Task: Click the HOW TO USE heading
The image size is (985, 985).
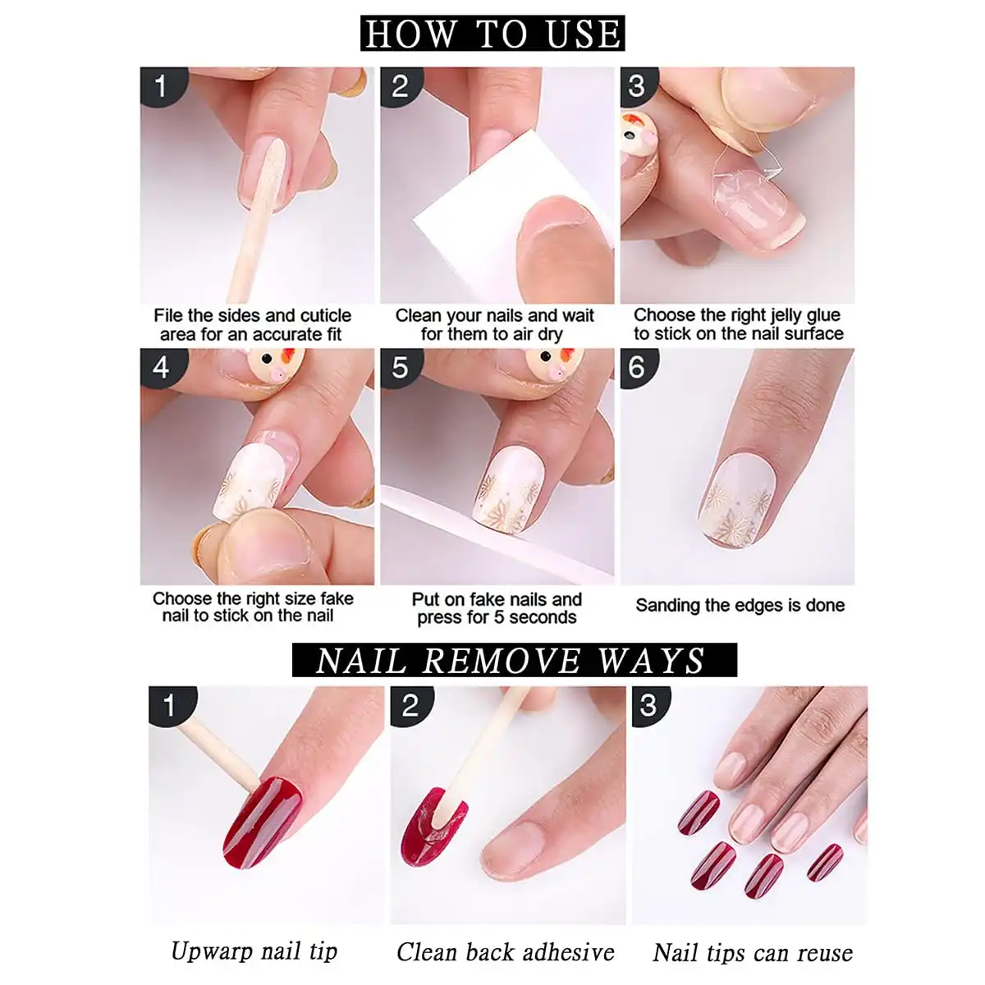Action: (492, 34)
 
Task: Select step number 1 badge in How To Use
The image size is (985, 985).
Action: (161, 86)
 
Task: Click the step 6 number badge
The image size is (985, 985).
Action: (637, 367)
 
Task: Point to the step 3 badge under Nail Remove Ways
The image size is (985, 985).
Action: (648, 705)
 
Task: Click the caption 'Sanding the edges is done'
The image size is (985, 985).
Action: (740, 606)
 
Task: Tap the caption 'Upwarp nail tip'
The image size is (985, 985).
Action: (254, 951)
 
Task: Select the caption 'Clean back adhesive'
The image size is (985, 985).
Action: (505, 951)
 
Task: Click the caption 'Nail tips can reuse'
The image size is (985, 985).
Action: (752, 952)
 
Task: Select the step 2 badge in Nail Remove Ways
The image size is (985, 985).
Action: (408, 705)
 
